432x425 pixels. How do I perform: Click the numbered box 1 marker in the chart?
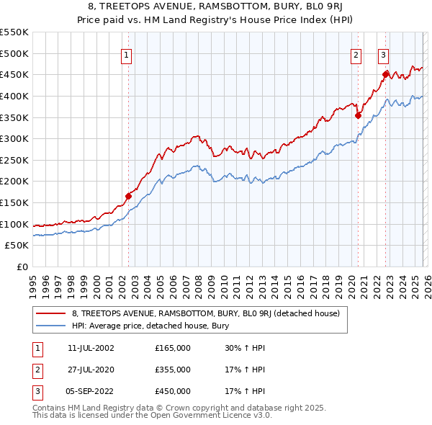(126, 54)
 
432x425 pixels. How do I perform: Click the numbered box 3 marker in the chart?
(383, 54)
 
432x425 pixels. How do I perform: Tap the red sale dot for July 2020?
(358, 115)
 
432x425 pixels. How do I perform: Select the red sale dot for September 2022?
(385, 73)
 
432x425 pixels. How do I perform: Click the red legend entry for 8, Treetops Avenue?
(210, 313)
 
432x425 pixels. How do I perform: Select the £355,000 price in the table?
(173, 370)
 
